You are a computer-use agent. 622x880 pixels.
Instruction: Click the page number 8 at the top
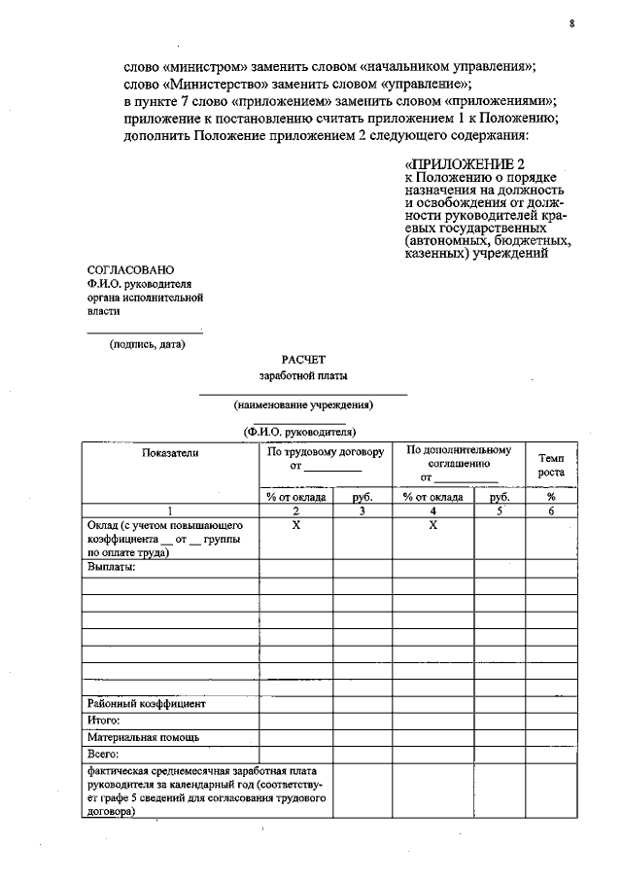571,24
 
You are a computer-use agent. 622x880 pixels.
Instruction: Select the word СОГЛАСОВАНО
130,268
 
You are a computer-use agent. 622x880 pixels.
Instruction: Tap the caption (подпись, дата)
147,343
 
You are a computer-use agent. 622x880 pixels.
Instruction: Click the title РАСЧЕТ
303,359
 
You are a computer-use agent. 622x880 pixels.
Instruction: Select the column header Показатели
169,453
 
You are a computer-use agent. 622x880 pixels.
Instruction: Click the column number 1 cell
169,510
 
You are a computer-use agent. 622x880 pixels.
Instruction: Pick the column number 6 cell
550,510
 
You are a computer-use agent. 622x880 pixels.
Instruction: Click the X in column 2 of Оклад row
295,525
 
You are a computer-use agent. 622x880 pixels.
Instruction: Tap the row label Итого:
103,721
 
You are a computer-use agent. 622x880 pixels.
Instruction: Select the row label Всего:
102,754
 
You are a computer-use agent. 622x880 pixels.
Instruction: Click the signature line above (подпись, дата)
146,333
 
